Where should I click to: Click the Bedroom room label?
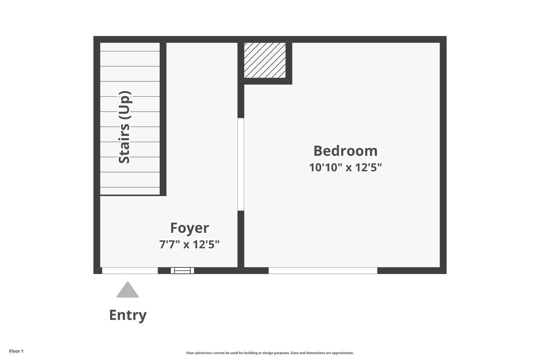click(x=345, y=151)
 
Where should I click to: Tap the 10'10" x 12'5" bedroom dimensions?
click(x=345, y=167)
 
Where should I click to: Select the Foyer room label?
click(x=189, y=228)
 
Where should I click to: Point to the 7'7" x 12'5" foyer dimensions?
click(x=189, y=244)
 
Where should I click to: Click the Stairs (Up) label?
click(x=124, y=127)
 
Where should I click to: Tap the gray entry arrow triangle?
click(x=128, y=290)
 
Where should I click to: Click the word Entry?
click(x=128, y=315)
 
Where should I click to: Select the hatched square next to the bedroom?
click(x=265, y=60)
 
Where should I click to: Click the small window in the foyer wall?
click(x=182, y=271)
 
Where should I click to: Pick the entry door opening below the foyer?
click(x=130, y=271)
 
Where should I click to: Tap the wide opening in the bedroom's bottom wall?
click(x=323, y=271)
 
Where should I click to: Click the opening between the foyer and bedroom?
click(x=241, y=164)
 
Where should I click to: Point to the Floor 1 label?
click(x=16, y=351)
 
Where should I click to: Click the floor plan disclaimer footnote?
click(x=270, y=353)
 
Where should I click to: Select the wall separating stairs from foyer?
click(x=163, y=119)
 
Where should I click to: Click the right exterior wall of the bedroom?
click(x=443, y=155)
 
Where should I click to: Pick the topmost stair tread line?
click(x=130, y=51)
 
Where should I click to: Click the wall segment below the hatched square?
click(x=266, y=81)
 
